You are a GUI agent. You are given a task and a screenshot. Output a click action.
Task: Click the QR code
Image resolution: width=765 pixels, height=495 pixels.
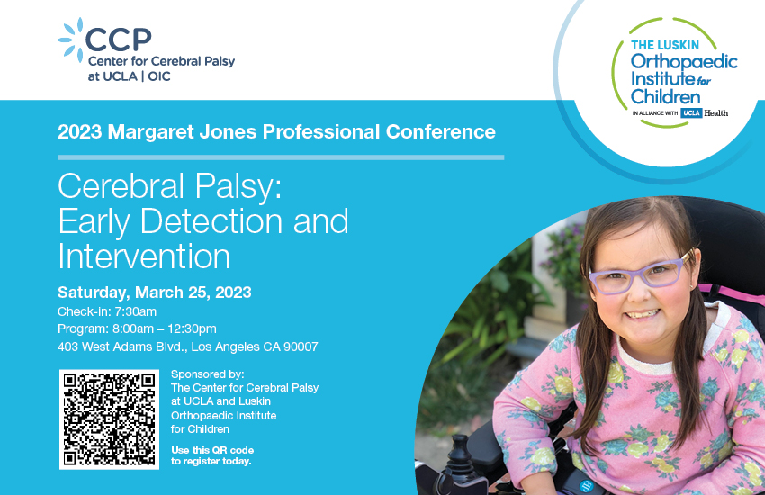click(x=109, y=419)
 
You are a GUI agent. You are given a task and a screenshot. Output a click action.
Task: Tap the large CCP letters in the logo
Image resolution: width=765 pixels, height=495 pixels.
click(x=119, y=40)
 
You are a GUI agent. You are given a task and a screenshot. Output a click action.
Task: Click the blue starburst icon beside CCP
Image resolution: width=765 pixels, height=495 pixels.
click(x=71, y=40)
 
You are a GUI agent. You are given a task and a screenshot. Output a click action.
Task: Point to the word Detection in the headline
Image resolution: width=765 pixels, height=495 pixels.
click(x=211, y=221)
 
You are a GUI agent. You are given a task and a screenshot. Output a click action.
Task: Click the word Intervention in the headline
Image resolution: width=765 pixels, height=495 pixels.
click(x=144, y=256)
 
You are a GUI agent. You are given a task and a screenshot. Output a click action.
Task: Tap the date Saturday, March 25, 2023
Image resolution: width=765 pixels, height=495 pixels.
click(x=155, y=292)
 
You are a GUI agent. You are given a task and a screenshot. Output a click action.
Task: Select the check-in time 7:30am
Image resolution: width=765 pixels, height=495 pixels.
click(x=136, y=311)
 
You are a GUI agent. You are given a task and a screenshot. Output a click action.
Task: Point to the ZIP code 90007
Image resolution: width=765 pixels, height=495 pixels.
click(x=301, y=346)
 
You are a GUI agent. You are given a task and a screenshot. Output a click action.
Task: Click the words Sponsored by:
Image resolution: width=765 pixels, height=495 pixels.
click(x=207, y=374)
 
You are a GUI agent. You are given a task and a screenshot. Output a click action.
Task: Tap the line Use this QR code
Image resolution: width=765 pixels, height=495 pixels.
click(x=212, y=450)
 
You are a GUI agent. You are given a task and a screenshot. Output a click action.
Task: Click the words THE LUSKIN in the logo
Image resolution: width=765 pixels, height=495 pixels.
click(x=665, y=45)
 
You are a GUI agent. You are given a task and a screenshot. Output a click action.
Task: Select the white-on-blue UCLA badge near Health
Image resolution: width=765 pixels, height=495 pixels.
click(x=691, y=112)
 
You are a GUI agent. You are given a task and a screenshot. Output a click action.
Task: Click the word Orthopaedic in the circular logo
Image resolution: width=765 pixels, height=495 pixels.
click(x=683, y=62)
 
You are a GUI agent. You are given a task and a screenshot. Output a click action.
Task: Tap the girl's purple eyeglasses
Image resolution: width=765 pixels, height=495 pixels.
click(x=640, y=274)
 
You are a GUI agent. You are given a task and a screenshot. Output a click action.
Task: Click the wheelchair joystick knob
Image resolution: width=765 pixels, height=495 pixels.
click(x=459, y=444)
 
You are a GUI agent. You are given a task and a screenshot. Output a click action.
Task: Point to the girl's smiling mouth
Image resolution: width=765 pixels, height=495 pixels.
click(x=643, y=314)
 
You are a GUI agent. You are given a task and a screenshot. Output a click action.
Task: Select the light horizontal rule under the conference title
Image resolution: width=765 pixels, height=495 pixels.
click(x=281, y=157)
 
